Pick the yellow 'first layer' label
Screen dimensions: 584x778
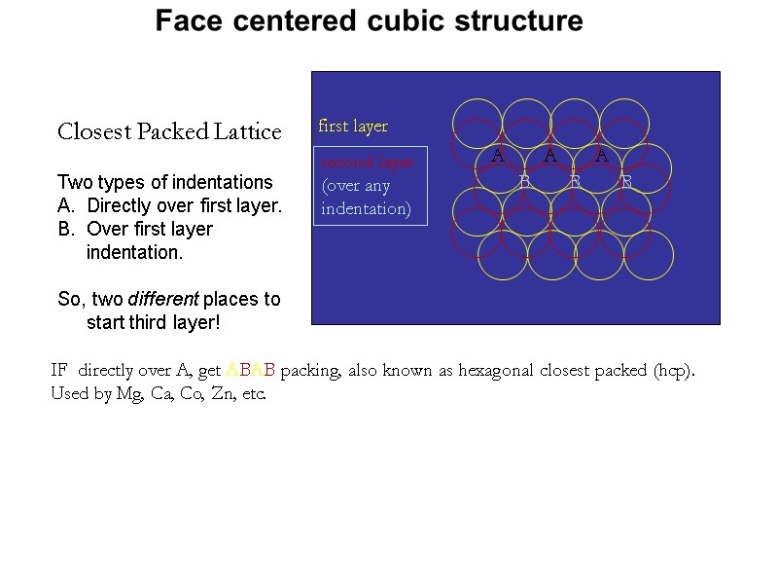click(x=353, y=127)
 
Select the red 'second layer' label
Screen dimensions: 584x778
click(x=367, y=162)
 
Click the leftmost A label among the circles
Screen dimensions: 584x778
click(x=498, y=156)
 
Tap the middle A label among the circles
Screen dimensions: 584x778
click(x=550, y=156)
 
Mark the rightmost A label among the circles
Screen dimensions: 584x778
click(x=602, y=156)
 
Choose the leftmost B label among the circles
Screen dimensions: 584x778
click(x=524, y=182)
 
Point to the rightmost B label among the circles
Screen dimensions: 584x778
click(x=626, y=182)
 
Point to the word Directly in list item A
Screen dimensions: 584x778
click(x=118, y=205)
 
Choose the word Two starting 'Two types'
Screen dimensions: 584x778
click(x=73, y=182)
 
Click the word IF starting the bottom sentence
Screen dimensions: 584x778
click(x=60, y=371)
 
